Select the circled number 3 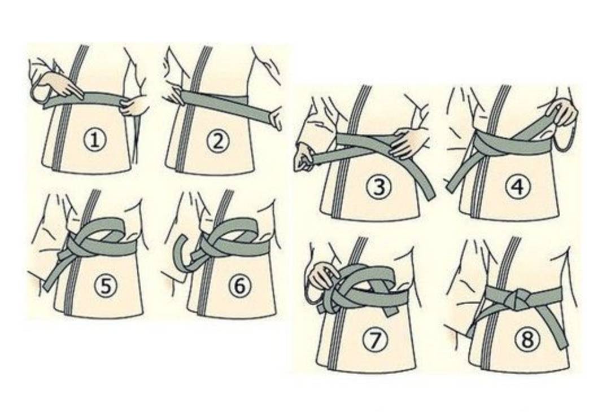tap(378, 186)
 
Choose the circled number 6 tap(239, 286)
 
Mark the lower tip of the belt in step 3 tap(429, 196)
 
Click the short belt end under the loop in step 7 tap(390, 310)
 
